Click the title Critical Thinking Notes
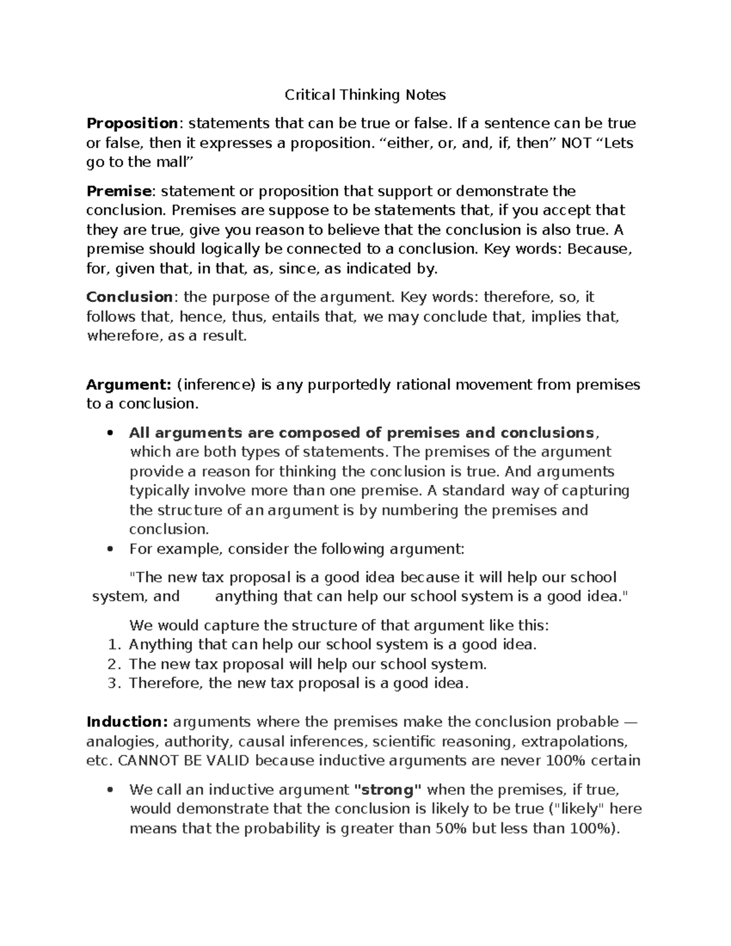tap(365, 95)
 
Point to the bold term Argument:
tap(129, 385)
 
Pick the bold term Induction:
tap(127, 722)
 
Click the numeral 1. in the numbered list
tap(114, 644)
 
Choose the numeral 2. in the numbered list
tap(114, 664)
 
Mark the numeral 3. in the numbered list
tap(114, 683)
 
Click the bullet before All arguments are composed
tap(110, 434)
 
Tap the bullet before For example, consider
tap(110, 549)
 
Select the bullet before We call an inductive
tap(110, 791)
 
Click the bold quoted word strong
tap(387, 790)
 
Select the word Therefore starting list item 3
tap(166, 683)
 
